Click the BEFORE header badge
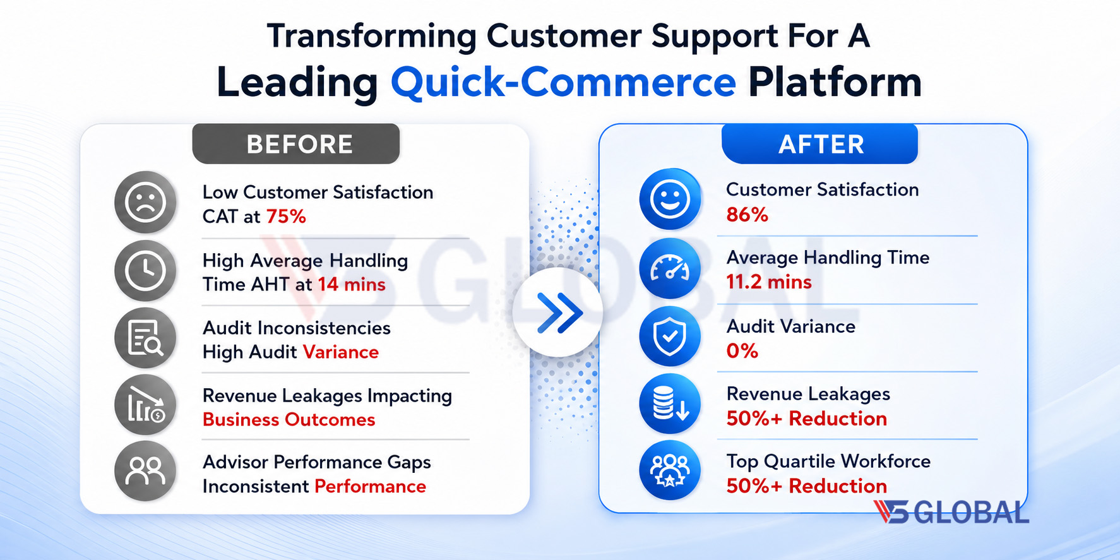point(295,144)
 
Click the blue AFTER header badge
point(819,144)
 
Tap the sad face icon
point(145,203)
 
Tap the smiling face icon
point(670,199)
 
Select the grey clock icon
point(145,271)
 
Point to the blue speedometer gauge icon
point(670,268)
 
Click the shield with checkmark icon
point(670,336)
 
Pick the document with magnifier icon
point(145,338)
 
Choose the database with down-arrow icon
point(670,403)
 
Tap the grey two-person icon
point(145,471)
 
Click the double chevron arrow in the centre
point(558,312)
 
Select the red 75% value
point(286,217)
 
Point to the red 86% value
point(747,215)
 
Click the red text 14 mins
point(352,284)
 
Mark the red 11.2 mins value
point(769,282)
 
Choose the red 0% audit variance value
point(742,350)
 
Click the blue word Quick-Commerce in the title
point(563,83)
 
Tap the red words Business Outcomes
point(289,420)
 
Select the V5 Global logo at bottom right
point(951,512)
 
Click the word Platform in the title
point(835,82)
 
